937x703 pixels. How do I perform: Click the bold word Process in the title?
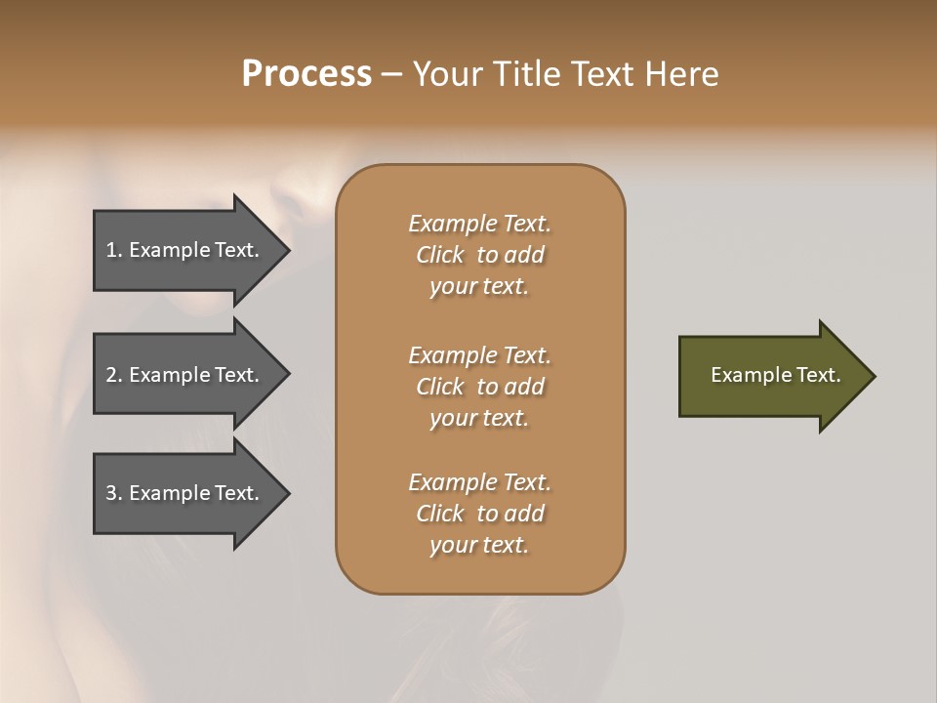tap(306, 74)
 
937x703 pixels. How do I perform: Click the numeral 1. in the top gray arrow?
tap(114, 250)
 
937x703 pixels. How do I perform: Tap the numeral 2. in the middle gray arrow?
tap(114, 375)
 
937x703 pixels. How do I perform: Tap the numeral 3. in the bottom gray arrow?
tap(114, 493)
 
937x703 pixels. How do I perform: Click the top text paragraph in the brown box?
tap(479, 255)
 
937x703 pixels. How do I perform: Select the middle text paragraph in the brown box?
tap(479, 387)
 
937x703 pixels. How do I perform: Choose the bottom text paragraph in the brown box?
tap(479, 514)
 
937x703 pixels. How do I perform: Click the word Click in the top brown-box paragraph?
tap(440, 256)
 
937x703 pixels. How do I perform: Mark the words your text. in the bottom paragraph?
tap(479, 545)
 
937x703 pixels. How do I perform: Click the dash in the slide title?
tap(391, 74)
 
